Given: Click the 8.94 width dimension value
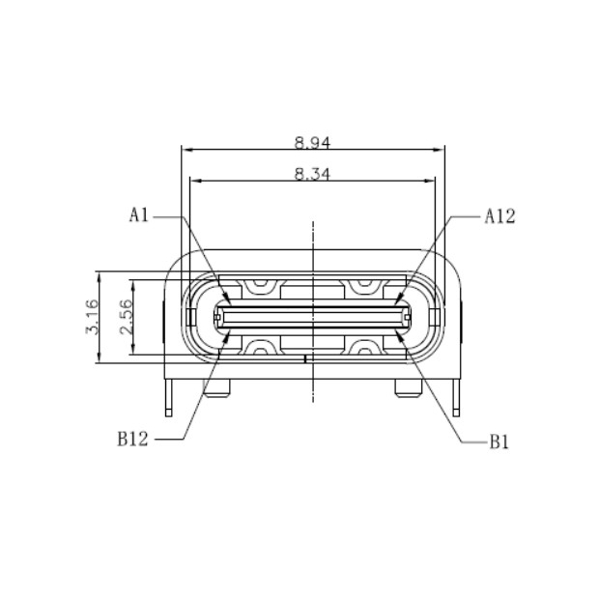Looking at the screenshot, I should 313,142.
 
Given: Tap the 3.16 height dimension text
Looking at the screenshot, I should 92,316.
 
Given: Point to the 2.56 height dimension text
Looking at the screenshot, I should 125,316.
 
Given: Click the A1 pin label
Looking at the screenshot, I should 139,216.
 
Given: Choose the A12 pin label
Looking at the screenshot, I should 499,216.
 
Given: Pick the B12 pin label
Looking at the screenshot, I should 133,440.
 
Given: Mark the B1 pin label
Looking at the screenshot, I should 499,442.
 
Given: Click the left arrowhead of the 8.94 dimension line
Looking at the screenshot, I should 186,150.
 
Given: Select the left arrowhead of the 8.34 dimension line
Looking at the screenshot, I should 194,181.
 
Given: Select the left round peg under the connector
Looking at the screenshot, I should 216,388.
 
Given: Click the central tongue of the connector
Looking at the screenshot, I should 313,316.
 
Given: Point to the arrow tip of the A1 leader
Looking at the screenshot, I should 226,301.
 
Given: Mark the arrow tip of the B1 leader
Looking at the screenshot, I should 400,333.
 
